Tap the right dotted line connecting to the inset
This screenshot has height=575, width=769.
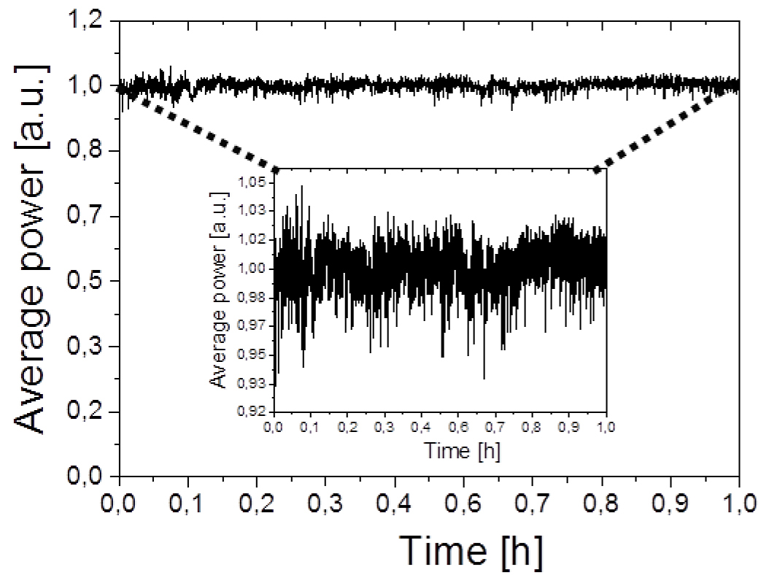tap(653, 135)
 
